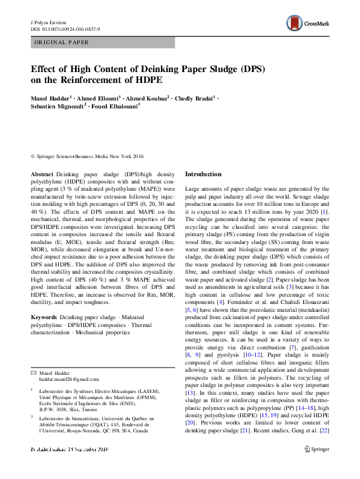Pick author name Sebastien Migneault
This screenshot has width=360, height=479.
point(59,106)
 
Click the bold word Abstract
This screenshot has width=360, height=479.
point(42,173)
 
